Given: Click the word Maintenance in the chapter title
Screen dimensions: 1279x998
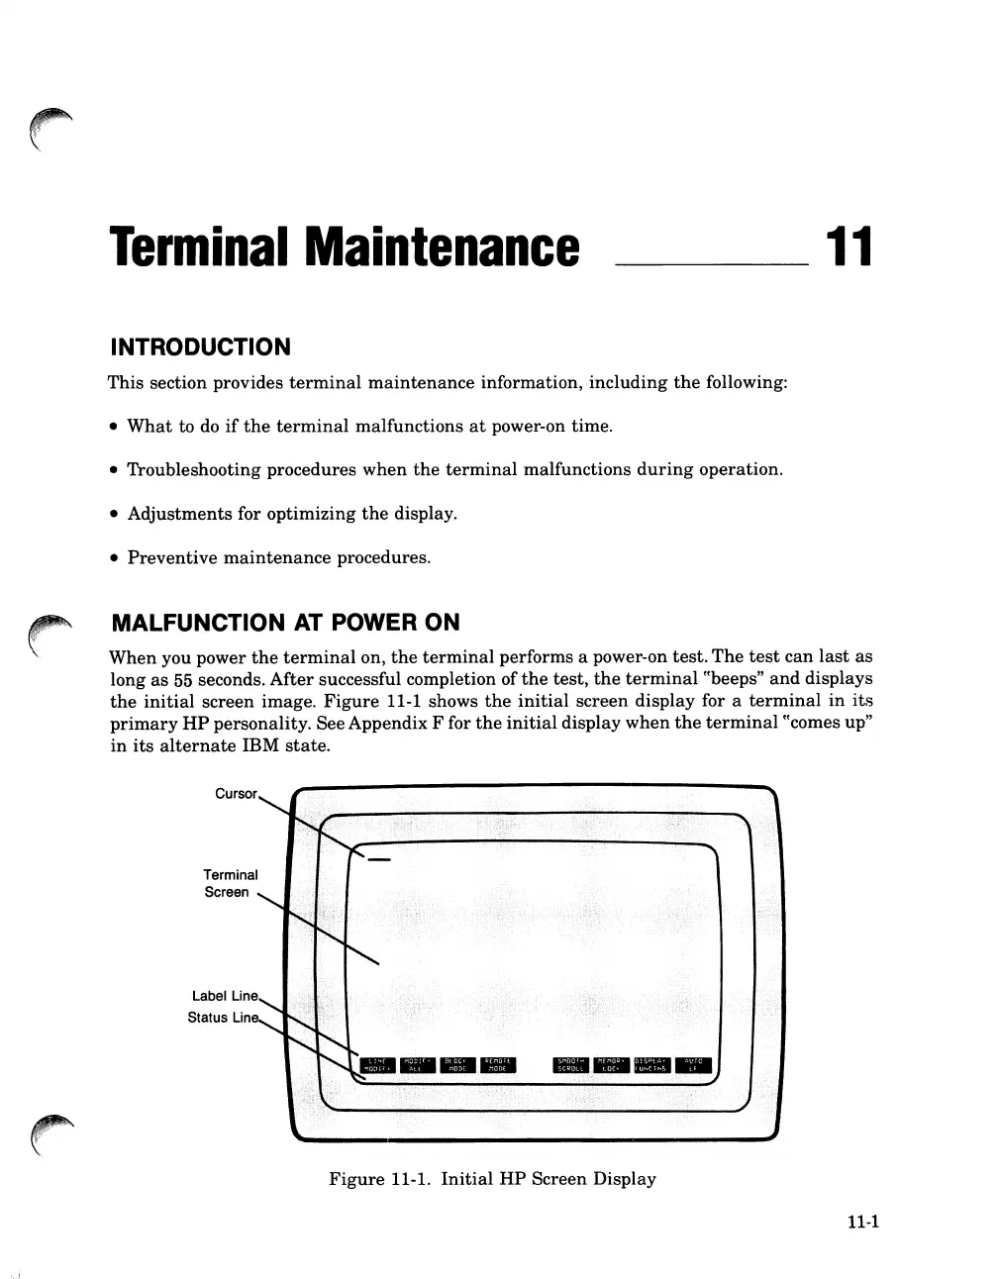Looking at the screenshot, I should pos(443,247).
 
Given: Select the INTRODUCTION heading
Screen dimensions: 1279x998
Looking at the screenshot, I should pos(200,347).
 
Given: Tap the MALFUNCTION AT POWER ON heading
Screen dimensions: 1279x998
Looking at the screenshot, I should pos(286,623).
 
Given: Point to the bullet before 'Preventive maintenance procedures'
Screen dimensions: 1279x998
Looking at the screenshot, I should pos(115,558).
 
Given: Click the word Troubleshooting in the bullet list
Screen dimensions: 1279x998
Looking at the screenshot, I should pos(188,470).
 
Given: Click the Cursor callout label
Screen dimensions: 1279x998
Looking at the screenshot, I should pos(236,794).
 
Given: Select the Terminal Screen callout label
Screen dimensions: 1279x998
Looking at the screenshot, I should pos(230,883).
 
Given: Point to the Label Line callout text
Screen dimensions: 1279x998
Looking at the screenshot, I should pos(225,996).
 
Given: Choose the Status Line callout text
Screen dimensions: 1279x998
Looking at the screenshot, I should pos(223,1018).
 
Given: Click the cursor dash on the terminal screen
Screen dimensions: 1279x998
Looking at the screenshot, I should pos(378,858).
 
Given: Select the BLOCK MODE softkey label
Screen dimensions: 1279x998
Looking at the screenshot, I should pos(456,1064).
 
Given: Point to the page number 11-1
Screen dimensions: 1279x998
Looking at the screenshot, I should pos(863,1221).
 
